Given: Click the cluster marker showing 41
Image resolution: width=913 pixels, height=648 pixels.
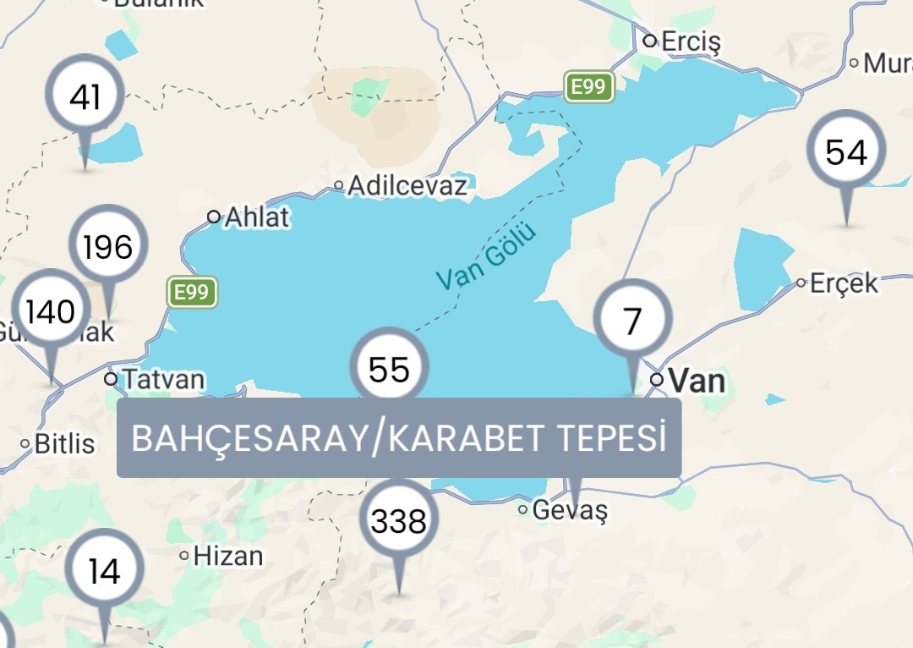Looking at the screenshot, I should click(85, 98).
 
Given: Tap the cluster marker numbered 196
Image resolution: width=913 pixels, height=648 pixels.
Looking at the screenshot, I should click(108, 247).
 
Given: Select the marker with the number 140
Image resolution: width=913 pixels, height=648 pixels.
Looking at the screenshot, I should click(51, 312).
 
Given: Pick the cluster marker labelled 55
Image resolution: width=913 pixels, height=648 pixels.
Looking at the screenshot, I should click(390, 369).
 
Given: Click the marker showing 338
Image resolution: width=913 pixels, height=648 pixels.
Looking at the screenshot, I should click(399, 521).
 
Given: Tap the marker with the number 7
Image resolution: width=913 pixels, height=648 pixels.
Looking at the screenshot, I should click(632, 321).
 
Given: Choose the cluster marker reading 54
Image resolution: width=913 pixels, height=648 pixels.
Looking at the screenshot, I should click(846, 152).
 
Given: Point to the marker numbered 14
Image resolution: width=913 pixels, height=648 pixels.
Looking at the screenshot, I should click(104, 572).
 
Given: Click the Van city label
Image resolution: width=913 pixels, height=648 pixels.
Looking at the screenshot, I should click(697, 380).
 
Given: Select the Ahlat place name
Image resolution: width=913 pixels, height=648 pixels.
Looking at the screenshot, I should click(256, 217).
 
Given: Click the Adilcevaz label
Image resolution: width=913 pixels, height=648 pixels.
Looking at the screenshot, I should click(407, 185).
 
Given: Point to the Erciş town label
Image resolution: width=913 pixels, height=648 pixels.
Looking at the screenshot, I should click(691, 41).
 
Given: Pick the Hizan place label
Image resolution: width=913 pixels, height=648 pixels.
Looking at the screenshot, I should click(227, 556).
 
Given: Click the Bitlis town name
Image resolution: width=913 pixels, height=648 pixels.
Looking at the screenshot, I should click(64, 442).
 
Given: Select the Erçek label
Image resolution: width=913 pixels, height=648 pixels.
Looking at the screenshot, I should click(844, 283).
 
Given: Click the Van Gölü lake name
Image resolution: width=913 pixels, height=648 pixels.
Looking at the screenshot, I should click(486, 255).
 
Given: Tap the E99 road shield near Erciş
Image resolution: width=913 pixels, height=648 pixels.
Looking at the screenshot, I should click(589, 86).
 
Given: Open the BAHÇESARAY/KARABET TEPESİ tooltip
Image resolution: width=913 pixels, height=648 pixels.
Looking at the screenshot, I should click(399, 438).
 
